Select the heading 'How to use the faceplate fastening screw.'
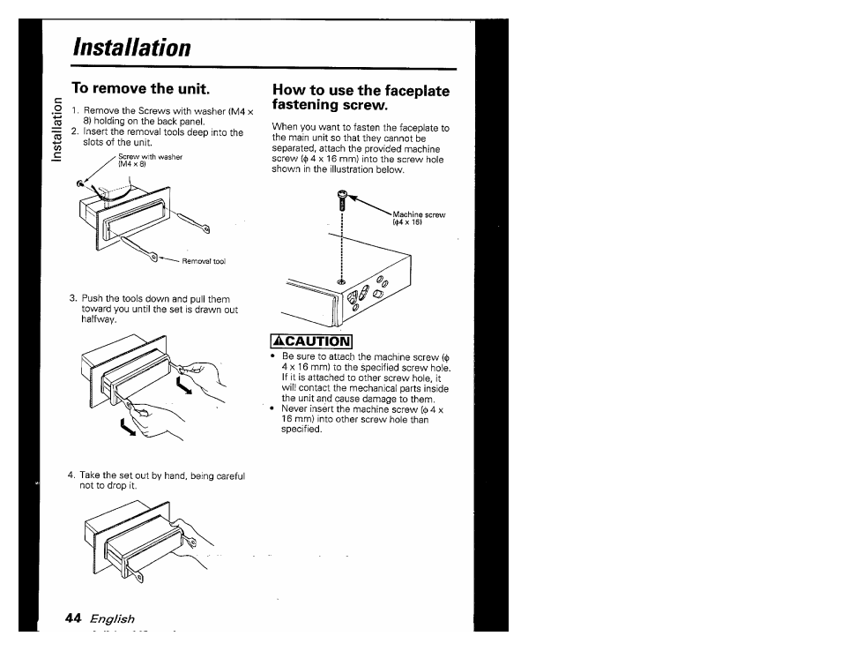(361, 97)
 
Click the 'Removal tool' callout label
(204, 261)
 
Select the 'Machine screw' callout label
(419, 214)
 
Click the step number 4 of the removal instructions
(71, 475)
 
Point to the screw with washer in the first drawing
(81, 183)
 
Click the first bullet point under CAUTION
(275, 357)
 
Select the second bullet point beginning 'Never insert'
(275, 409)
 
